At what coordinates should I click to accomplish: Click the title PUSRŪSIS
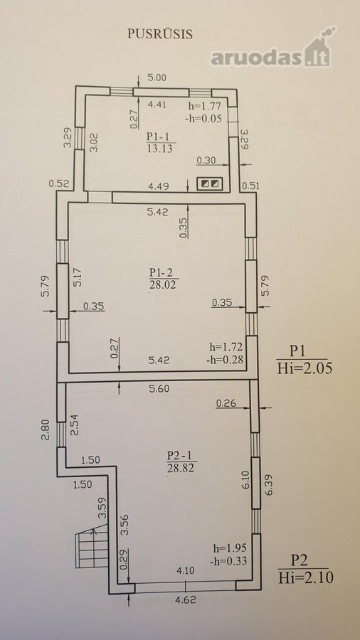[159, 33]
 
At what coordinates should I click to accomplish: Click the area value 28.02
[162, 284]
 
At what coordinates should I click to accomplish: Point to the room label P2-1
[179, 454]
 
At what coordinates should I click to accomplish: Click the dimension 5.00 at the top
[157, 77]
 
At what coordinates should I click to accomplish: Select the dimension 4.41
[157, 105]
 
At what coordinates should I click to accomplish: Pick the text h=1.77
[204, 107]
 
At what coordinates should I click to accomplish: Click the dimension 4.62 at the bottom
[185, 600]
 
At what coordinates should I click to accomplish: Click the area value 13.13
[159, 149]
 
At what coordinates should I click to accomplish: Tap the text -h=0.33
[228, 561]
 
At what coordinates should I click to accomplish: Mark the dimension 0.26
[226, 404]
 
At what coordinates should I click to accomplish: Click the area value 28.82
[180, 467]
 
